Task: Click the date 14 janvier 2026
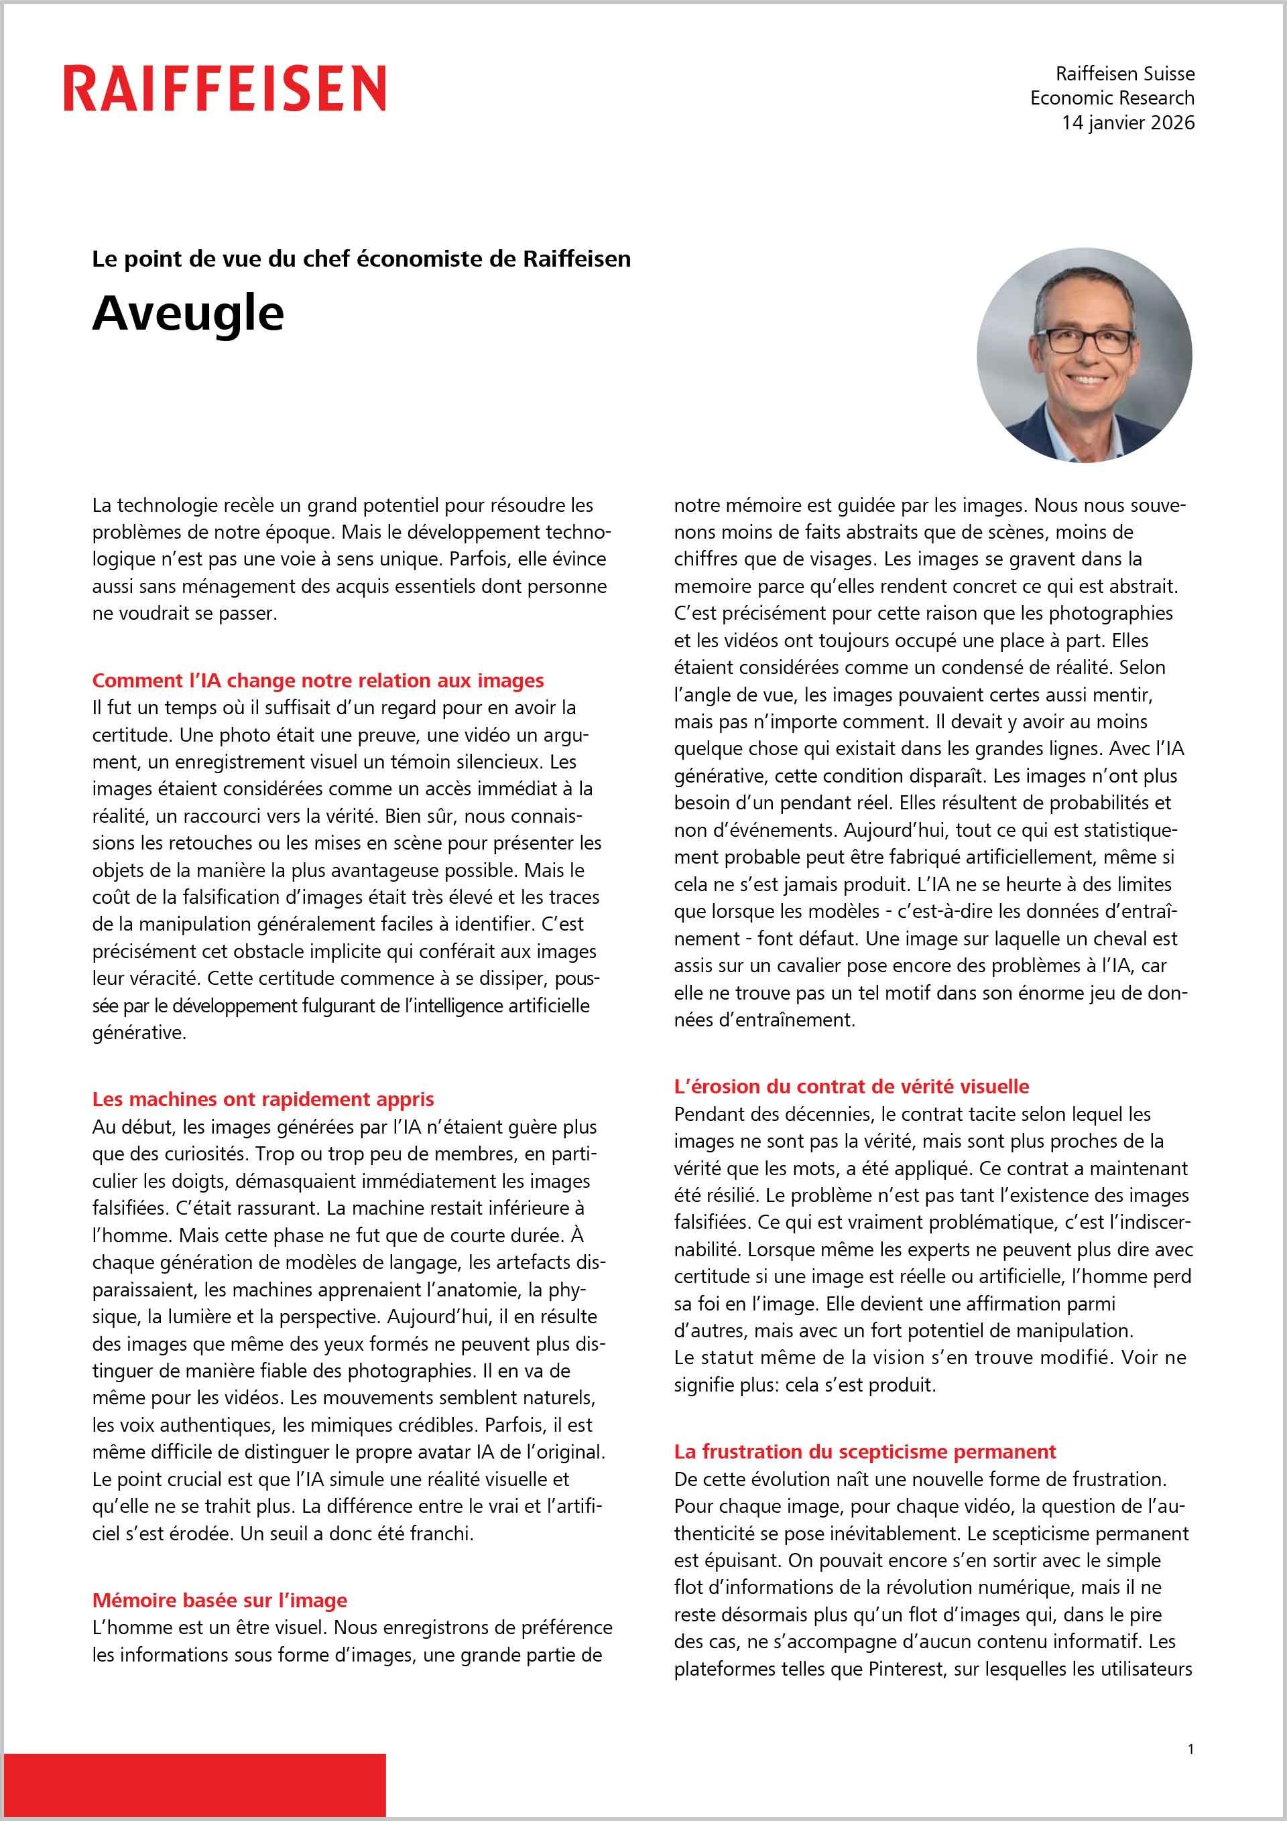click(1127, 123)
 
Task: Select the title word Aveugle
click(188, 314)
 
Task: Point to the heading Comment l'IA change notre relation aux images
click(317, 681)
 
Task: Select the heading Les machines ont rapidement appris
click(263, 1099)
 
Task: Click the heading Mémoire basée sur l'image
click(220, 1600)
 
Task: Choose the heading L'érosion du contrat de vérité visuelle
click(851, 1087)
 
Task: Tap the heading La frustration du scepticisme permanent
click(864, 1451)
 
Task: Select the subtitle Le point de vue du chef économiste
click(361, 259)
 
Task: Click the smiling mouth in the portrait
click(1087, 380)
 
